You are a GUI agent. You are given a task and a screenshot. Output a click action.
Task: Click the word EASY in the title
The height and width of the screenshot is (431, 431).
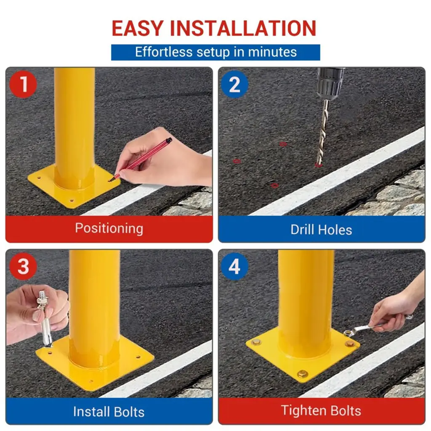[x=138, y=28]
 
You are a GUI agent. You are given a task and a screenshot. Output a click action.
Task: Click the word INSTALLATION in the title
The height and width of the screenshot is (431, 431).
[x=243, y=28]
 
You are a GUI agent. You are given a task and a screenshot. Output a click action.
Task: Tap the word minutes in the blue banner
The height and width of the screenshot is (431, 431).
[x=272, y=52]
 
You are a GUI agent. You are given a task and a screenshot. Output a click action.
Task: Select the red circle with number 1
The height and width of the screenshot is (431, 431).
[x=23, y=84]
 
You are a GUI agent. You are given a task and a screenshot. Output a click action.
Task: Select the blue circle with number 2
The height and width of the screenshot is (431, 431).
[x=234, y=84]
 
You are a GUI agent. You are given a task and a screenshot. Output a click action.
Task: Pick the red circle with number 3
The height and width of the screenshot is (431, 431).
[x=23, y=266]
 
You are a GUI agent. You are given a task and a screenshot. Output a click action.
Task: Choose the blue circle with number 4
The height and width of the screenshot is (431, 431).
[x=234, y=266]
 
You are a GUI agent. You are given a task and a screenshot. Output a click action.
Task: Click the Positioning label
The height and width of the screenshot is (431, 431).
[x=109, y=229]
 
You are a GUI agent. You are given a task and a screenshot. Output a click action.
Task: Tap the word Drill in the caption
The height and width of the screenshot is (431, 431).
[x=302, y=229]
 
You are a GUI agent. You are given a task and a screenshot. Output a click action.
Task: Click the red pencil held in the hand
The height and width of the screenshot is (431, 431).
[x=140, y=160]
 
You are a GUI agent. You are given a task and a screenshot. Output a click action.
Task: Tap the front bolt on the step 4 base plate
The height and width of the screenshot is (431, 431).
[x=302, y=374]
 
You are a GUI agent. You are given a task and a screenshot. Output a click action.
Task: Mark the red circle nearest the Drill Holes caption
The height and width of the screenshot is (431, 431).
[x=274, y=186]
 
